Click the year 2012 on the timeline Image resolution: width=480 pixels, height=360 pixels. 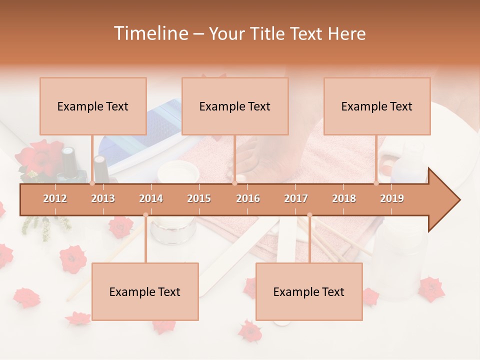(x=55, y=198)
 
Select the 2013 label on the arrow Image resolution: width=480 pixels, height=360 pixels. (x=103, y=198)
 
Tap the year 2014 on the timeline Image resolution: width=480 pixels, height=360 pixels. (x=151, y=198)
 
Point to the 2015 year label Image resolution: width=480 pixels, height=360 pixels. (x=199, y=198)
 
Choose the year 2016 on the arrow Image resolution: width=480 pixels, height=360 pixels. (x=248, y=198)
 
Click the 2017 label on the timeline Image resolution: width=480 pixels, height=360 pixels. (x=296, y=198)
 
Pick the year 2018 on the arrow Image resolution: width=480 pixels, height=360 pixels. (x=344, y=198)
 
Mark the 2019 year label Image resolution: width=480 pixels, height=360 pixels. (x=392, y=198)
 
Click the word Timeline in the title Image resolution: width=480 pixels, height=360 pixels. (x=149, y=33)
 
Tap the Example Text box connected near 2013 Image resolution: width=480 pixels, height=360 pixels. (x=93, y=106)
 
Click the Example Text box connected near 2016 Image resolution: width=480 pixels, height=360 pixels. (x=235, y=106)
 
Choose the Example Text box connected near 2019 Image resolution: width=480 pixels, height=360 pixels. (x=377, y=106)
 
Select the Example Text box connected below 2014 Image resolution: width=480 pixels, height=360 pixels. (x=145, y=291)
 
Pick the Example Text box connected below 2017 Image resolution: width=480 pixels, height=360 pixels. (x=309, y=291)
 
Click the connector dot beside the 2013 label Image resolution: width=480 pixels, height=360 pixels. (x=92, y=183)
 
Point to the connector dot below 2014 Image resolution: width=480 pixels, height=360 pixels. (x=145, y=215)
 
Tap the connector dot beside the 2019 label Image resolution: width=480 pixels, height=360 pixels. (x=376, y=183)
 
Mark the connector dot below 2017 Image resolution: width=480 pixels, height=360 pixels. (x=309, y=215)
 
